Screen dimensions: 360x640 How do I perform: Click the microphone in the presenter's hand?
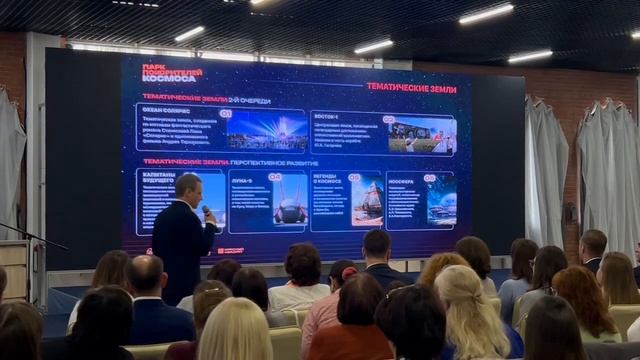click(x=206, y=212)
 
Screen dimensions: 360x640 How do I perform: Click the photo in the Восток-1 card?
click(x=421, y=135)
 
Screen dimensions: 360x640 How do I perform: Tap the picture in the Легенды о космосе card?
click(x=367, y=199)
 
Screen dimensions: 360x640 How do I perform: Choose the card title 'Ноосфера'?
click(x=401, y=182)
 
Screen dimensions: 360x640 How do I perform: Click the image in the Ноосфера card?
click(x=440, y=200)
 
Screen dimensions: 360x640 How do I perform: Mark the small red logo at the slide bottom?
click(x=230, y=250)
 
